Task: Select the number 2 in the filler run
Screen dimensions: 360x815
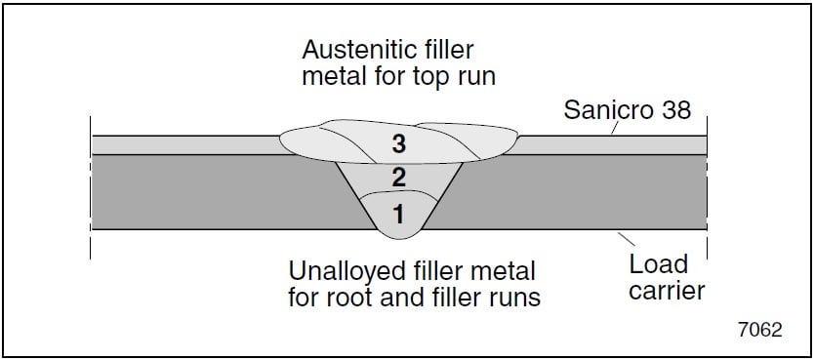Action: pos(398,177)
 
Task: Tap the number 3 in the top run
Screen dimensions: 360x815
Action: pos(398,143)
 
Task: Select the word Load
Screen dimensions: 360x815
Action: pos(658,264)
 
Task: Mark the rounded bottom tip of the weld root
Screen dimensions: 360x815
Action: pos(398,235)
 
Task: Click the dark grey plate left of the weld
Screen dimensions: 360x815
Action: pos(215,191)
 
